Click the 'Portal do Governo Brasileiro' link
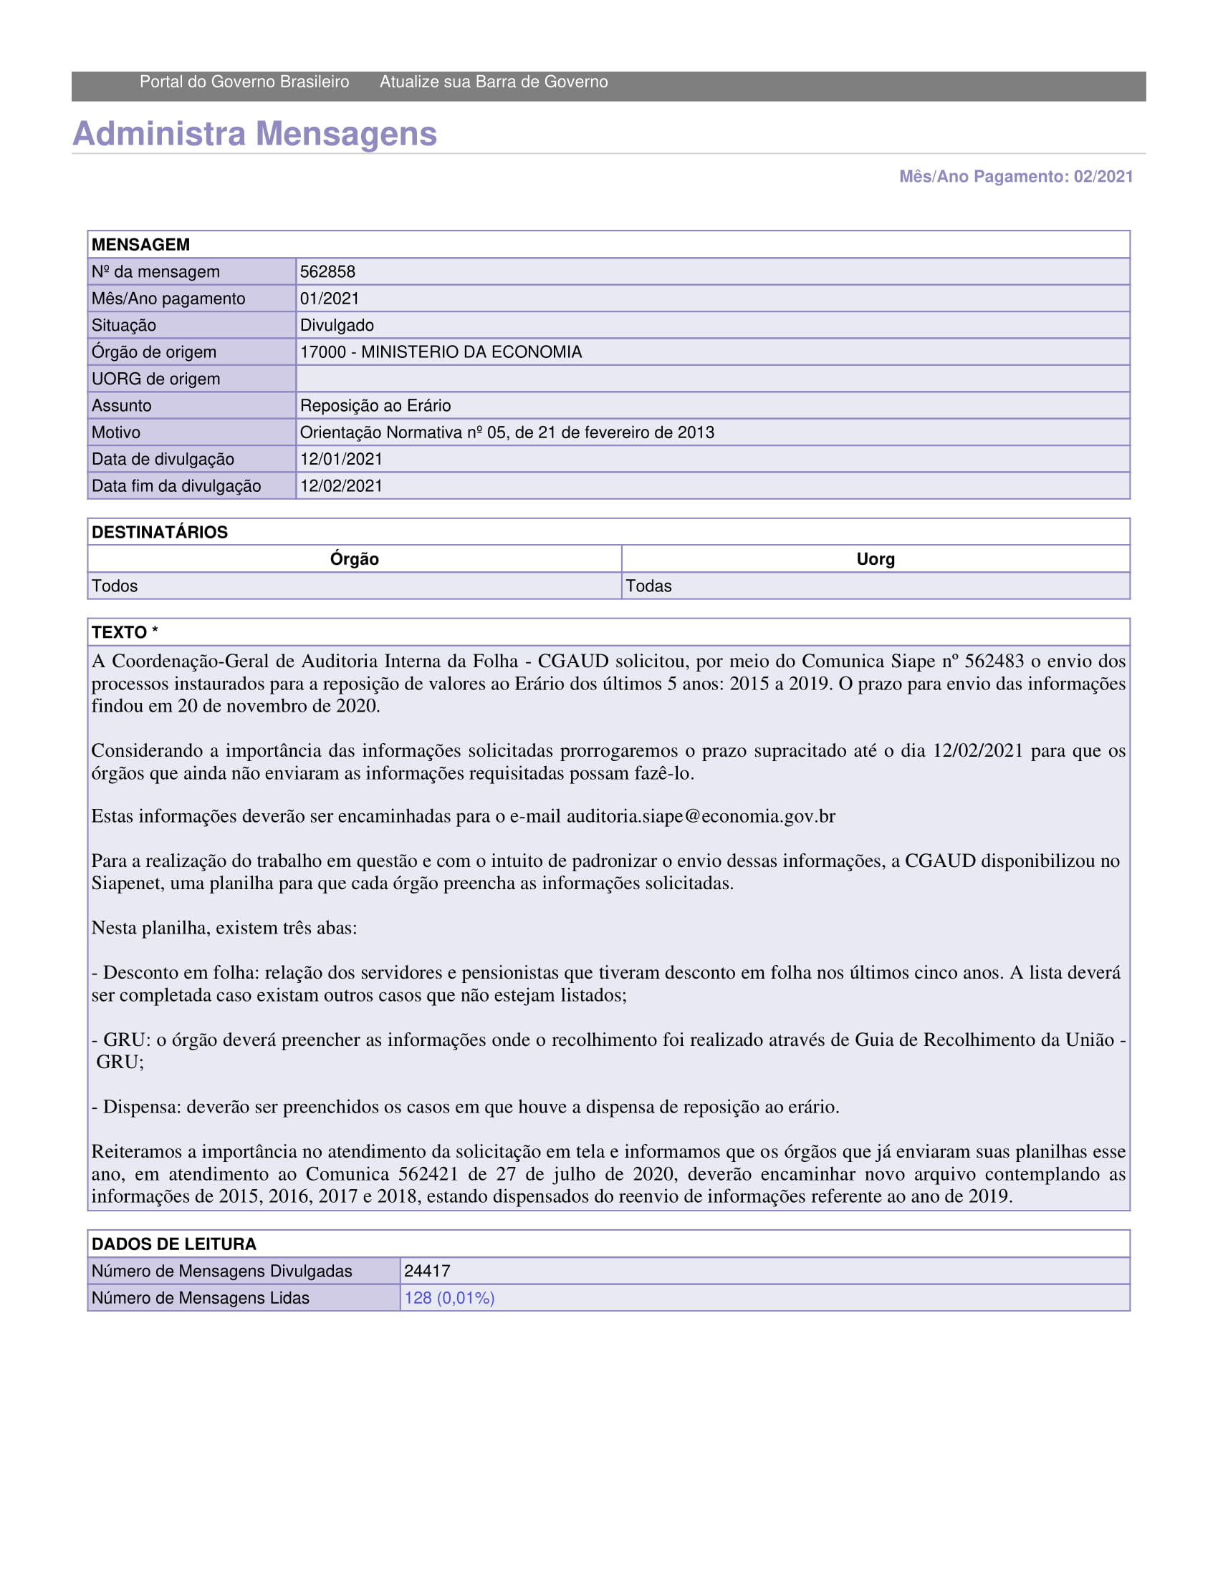[244, 82]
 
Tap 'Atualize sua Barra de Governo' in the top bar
[494, 82]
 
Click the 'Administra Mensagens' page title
[255, 134]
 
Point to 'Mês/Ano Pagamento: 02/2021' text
[1015, 177]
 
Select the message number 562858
[327, 272]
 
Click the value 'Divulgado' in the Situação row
[337, 325]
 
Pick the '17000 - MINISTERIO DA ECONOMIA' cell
[441, 352]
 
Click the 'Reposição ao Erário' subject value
[375, 405]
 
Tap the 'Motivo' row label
[116, 432]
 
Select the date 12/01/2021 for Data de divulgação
[341, 459]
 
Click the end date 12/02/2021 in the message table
[341, 485]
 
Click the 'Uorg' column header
[876, 559]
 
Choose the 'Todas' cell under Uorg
[648, 586]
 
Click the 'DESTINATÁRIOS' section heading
[160, 532]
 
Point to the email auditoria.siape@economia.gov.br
[701, 816]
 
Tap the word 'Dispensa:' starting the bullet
[142, 1106]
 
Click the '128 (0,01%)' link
[449, 1298]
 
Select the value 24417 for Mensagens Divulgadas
[427, 1271]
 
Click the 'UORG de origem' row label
[156, 379]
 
